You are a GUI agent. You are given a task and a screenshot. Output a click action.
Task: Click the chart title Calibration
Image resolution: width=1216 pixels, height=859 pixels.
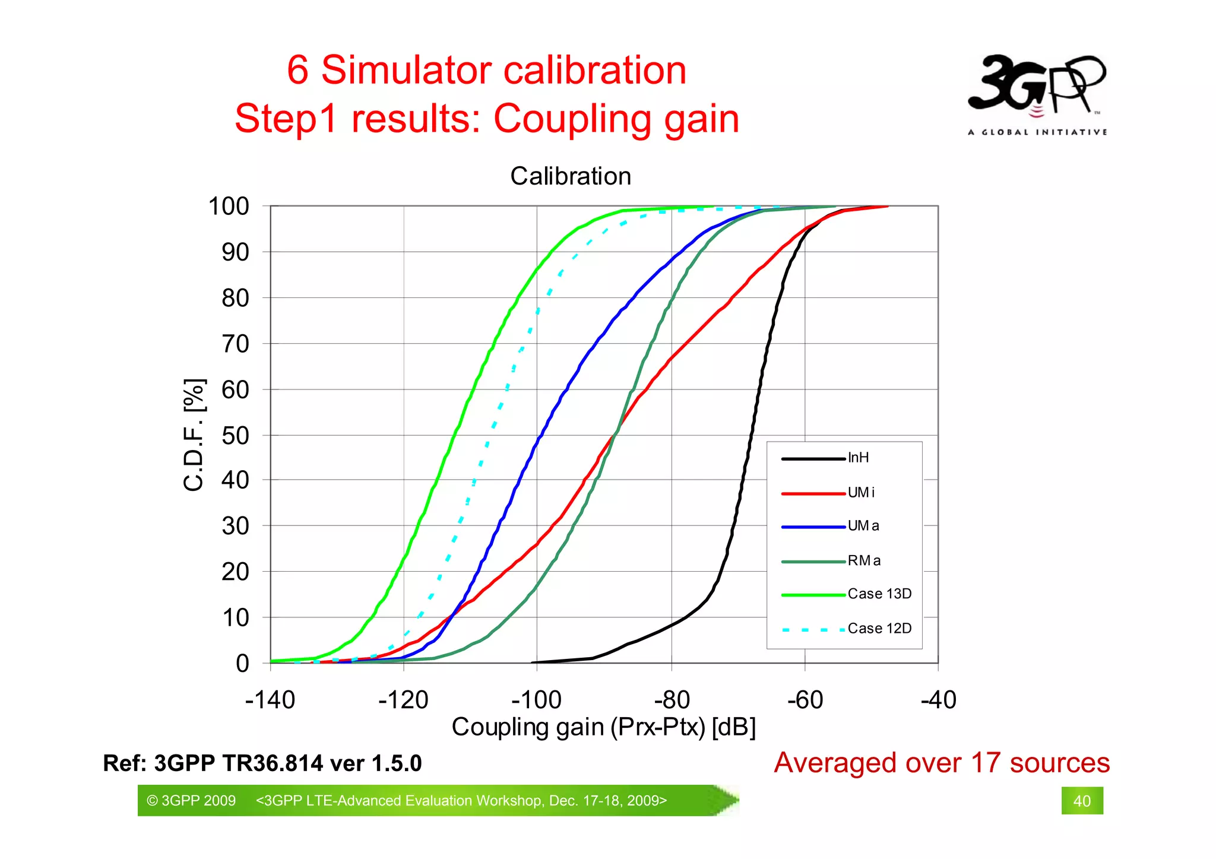tap(570, 176)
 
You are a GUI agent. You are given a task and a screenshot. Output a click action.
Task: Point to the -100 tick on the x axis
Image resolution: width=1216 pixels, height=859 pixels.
tap(536, 700)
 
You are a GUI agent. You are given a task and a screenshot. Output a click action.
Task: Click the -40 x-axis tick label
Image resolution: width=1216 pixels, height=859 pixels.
tap(938, 700)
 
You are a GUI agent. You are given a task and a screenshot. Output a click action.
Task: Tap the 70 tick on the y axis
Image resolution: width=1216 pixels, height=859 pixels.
tap(235, 344)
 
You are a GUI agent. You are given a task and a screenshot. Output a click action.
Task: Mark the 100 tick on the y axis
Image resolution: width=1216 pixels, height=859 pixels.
tap(229, 207)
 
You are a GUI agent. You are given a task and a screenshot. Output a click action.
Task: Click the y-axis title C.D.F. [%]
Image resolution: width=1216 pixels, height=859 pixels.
tap(195, 435)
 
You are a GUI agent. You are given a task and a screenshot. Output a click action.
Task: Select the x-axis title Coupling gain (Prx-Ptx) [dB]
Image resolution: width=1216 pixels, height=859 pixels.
tap(603, 727)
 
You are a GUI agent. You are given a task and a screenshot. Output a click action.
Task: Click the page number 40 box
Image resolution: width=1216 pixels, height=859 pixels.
tap(1082, 801)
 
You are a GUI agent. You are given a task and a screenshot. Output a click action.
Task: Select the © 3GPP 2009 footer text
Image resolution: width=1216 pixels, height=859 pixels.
tap(191, 801)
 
